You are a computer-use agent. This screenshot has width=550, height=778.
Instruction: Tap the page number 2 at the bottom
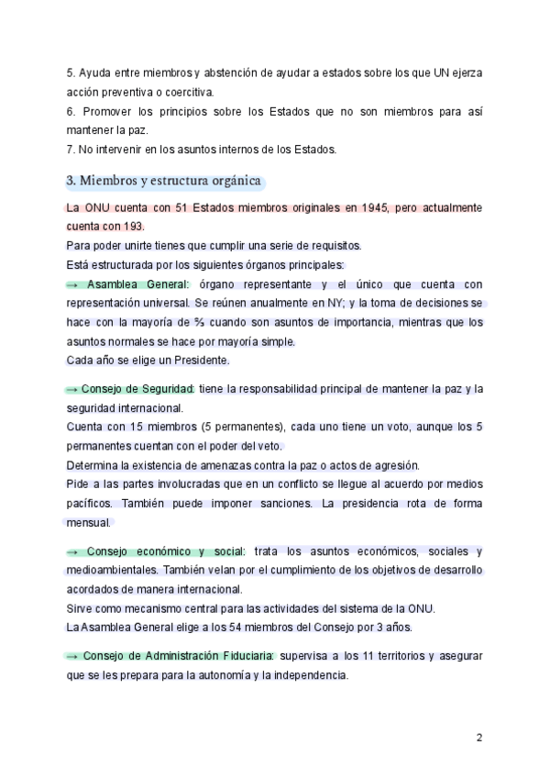(x=478, y=737)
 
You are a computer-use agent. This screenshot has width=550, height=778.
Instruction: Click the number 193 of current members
(x=133, y=226)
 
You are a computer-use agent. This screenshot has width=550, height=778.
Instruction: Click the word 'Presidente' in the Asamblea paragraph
(x=200, y=360)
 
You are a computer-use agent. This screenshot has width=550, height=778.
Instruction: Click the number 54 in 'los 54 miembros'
(x=256, y=628)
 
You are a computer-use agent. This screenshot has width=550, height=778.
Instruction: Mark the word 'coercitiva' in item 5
(x=182, y=92)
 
